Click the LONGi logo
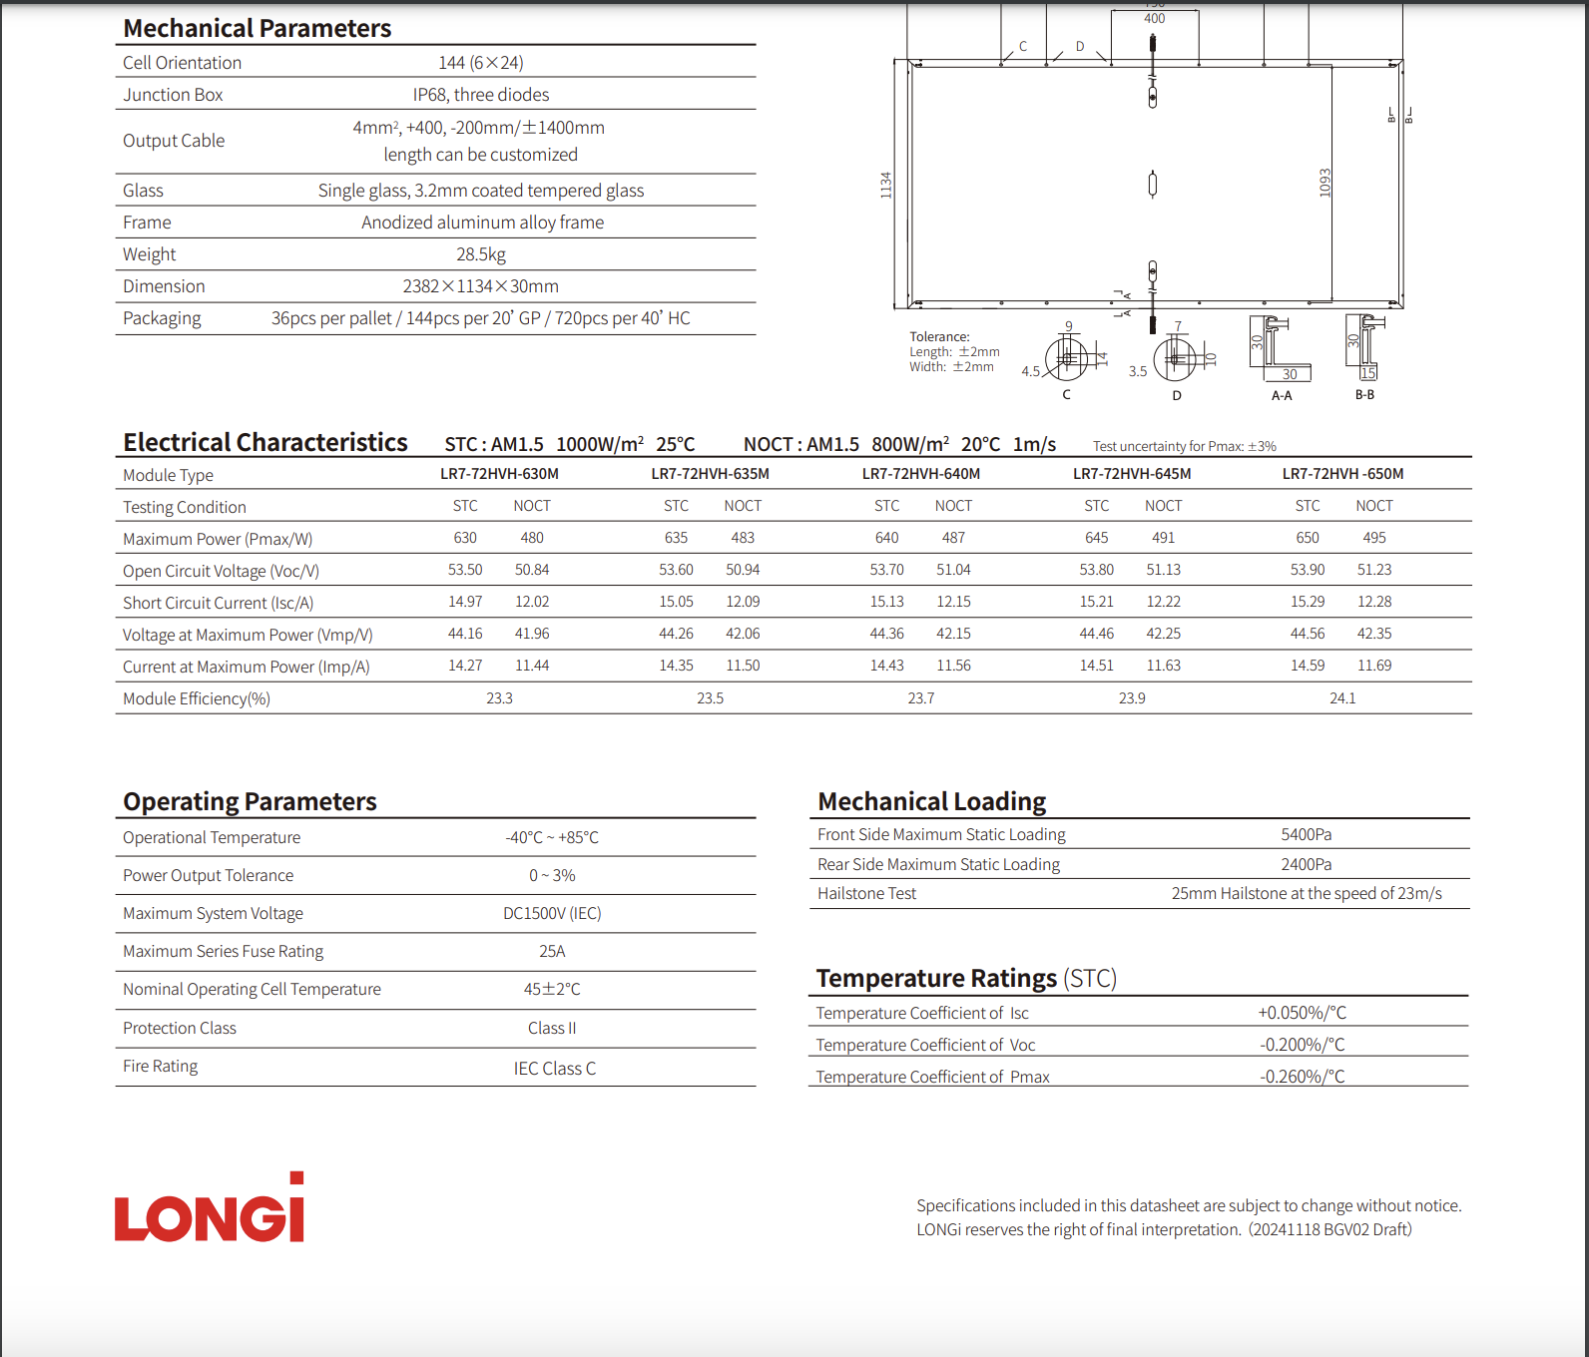click(210, 1209)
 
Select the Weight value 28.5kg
click(481, 254)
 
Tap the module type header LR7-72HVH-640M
click(920, 474)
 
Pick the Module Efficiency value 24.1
click(1341, 698)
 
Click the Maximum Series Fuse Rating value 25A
click(552, 952)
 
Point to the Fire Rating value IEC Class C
click(554, 1069)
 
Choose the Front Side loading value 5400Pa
click(1306, 835)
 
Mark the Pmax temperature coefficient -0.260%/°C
click(1302, 1077)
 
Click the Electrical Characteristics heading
click(265, 443)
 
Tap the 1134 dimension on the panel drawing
click(885, 185)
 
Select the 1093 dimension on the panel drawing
click(1325, 183)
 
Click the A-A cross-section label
click(1282, 396)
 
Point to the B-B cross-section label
click(1364, 395)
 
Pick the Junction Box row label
click(173, 95)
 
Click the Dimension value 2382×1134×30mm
click(480, 286)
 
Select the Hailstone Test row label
click(866, 894)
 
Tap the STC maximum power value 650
click(1307, 538)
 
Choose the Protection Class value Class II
click(552, 1029)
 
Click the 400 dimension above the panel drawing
click(1154, 19)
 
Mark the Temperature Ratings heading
click(966, 979)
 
